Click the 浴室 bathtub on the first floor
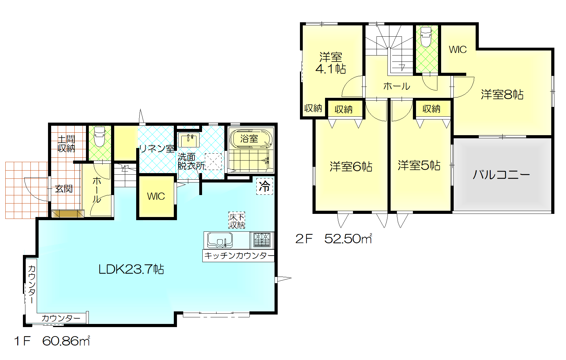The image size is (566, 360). click(251, 138)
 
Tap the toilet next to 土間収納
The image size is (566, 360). click(99, 136)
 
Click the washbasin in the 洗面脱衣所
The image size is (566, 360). click(189, 140)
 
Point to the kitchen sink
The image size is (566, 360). click(219, 240)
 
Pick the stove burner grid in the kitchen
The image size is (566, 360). click(262, 240)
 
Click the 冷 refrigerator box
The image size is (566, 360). click(264, 186)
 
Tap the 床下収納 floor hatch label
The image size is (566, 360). click(237, 221)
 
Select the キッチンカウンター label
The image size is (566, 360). click(239, 256)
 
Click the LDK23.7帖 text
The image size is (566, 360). click(131, 269)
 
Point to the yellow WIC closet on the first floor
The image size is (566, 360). click(156, 197)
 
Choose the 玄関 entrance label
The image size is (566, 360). click(64, 189)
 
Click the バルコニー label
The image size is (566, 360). click(501, 174)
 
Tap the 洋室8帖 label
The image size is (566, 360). click(502, 94)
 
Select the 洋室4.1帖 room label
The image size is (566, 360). click(331, 63)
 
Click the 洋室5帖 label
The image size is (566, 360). click(419, 165)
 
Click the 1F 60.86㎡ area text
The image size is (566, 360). click(52, 341)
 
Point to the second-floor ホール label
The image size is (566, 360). click(397, 86)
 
